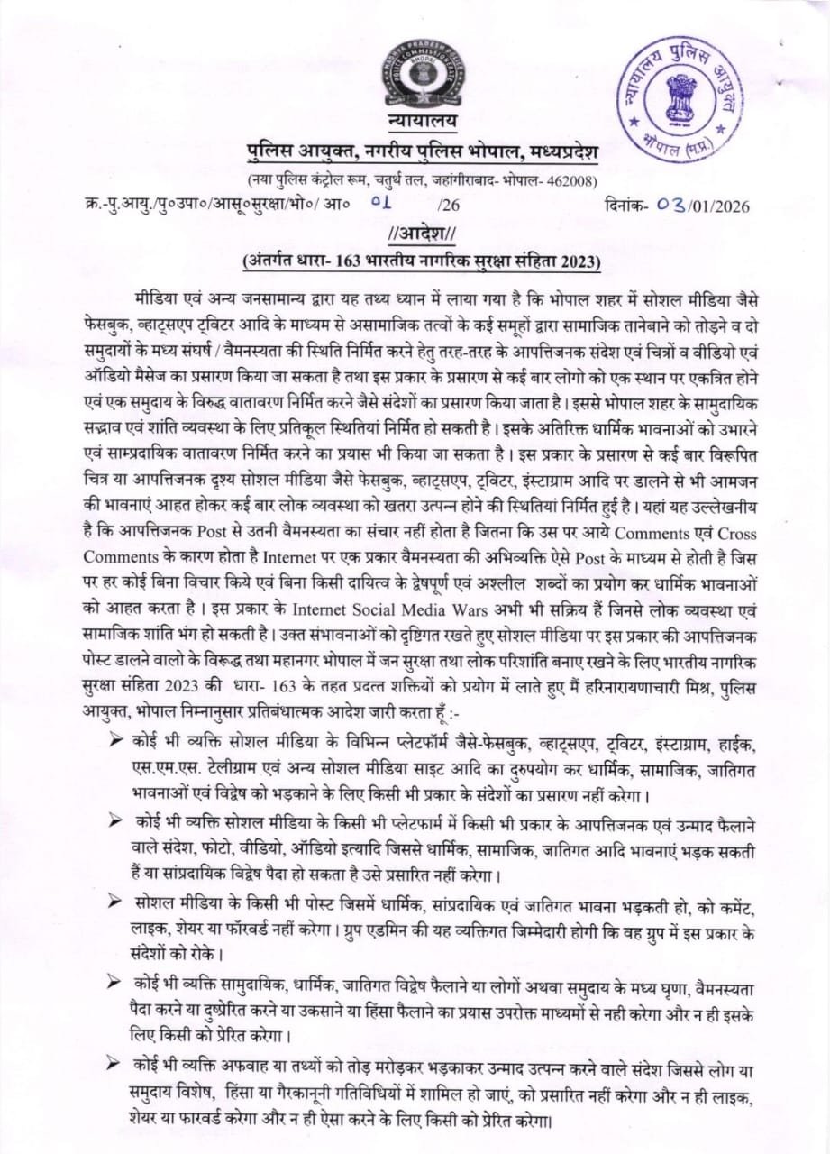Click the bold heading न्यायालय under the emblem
pos(415,121)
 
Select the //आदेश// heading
pos(415,234)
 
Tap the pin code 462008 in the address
pos(570,179)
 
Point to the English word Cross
pos(726,532)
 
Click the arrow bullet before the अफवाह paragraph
pos(114,1068)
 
